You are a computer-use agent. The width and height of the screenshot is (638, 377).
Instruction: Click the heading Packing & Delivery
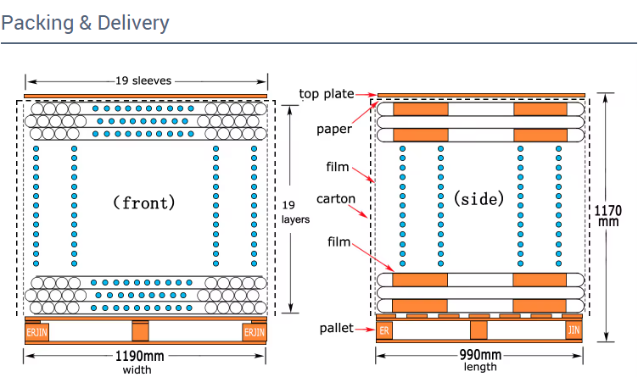pyautogui.click(x=85, y=22)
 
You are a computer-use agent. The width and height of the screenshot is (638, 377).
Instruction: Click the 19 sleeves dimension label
pyautogui.click(x=144, y=81)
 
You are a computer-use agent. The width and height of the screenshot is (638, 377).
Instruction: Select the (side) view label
pyautogui.click(x=478, y=199)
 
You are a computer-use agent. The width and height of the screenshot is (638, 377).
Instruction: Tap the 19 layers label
pyautogui.click(x=288, y=212)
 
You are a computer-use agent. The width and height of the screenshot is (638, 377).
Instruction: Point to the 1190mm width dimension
pyautogui.click(x=139, y=356)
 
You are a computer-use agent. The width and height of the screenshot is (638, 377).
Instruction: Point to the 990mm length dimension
pyautogui.click(x=480, y=355)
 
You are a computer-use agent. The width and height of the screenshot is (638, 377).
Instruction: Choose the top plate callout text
pyautogui.click(x=327, y=94)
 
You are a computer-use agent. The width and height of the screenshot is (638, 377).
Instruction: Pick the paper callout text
pyautogui.click(x=333, y=129)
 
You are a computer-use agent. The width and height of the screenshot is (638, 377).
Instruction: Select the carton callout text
pyautogui.click(x=335, y=199)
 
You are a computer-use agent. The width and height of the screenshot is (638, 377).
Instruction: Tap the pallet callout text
pyautogui.click(x=336, y=328)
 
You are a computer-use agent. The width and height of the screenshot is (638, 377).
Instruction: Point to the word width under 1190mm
pyautogui.click(x=138, y=369)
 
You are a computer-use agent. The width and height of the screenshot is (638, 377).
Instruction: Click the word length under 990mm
pyautogui.click(x=480, y=367)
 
